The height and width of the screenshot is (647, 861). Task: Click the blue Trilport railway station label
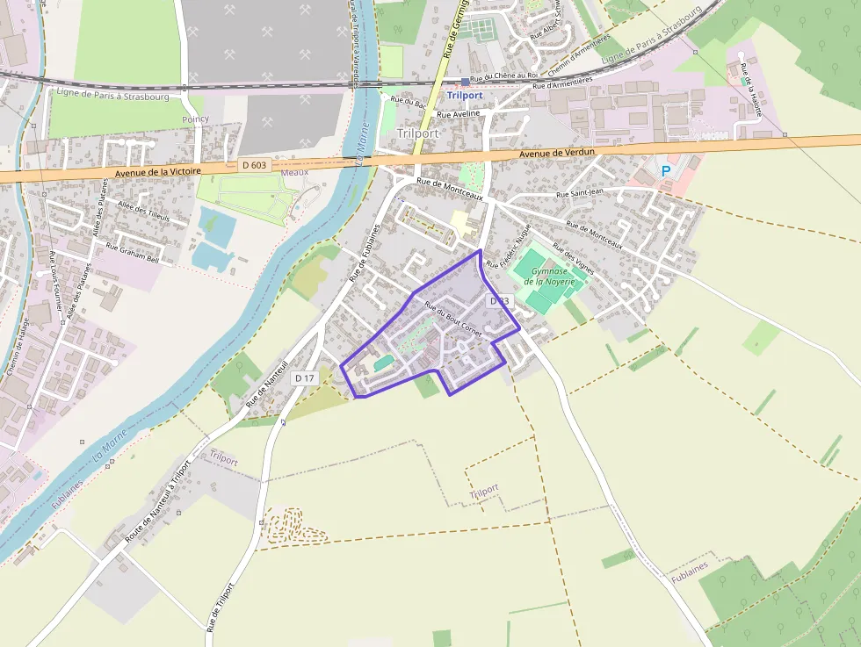pos(465,95)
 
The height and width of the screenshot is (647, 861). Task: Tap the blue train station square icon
pos(466,82)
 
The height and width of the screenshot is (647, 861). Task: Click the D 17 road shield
pos(305,377)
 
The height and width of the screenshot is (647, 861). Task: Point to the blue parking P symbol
pos(665,170)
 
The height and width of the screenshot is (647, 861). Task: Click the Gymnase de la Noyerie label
pos(549,276)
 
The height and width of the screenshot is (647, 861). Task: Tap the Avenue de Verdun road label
pos(557,153)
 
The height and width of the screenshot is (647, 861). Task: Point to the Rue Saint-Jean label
pos(580,194)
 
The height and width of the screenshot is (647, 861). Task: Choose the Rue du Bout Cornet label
pos(453,319)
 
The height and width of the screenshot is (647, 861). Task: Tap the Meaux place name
pos(294,172)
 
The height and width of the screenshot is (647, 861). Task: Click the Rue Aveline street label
pos(459,114)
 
